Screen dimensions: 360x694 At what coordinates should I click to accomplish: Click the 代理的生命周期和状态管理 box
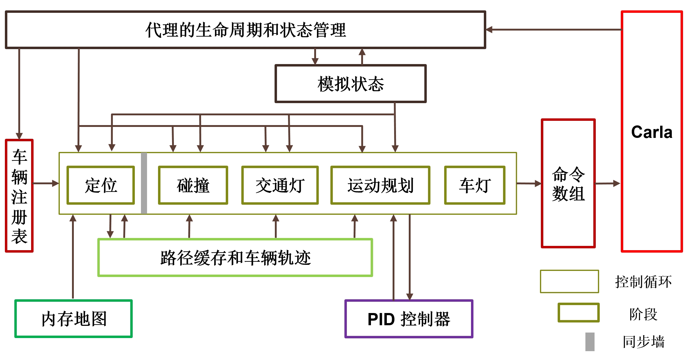tap(246, 30)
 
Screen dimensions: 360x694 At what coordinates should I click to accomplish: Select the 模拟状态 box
tap(351, 84)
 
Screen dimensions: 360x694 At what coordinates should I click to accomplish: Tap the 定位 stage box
tap(101, 185)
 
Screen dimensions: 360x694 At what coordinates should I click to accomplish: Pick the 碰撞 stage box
tap(193, 185)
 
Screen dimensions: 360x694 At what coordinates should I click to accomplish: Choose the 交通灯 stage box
tap(280, 185)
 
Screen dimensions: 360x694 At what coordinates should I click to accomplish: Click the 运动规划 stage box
tap(380, 185)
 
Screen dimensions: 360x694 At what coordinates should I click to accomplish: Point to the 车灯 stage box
tap(475, 185)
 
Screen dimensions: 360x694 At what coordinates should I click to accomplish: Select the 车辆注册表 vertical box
tap(19, 196)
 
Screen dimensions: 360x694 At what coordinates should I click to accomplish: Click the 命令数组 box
tap(568, 183)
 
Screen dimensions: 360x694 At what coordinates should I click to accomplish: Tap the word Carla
tap(652, 132)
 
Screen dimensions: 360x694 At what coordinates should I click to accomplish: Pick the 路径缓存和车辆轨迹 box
tap(235, 258)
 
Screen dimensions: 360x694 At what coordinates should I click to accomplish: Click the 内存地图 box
tap(74, 319)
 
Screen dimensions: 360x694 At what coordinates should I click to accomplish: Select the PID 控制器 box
tap(408, 319)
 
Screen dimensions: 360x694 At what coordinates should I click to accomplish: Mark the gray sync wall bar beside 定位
tap(144, 183)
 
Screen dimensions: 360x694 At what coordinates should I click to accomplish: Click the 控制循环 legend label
tap(643, 282)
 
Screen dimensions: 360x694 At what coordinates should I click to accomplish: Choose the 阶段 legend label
tap(643, 314)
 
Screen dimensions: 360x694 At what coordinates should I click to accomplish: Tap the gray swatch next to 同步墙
tap(590, 342)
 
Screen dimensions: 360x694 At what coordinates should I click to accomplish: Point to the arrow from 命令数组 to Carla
tap(607, 183)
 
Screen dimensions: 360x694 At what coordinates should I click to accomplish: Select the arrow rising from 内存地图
tap(73, 256)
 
